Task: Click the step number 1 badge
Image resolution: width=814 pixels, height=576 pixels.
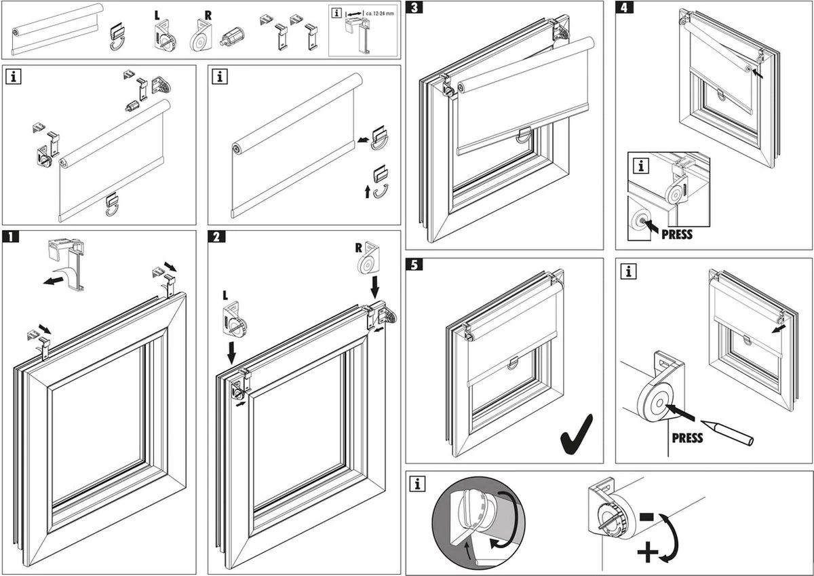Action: [x=10, y=237]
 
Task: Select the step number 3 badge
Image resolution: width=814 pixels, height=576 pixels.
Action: [x=413, y=8]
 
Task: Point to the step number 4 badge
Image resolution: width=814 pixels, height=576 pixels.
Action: [x=623, y=8]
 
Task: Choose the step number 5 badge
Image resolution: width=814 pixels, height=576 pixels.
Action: [x=413, y=265]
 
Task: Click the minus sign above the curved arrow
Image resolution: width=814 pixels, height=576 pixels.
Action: [x=646, y=517]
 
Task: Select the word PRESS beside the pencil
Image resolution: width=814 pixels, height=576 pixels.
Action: [x=686, y=438]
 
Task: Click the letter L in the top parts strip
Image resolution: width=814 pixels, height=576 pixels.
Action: [x=158, y=14]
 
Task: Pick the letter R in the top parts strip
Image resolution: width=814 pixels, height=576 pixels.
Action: [x=197, y=14]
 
